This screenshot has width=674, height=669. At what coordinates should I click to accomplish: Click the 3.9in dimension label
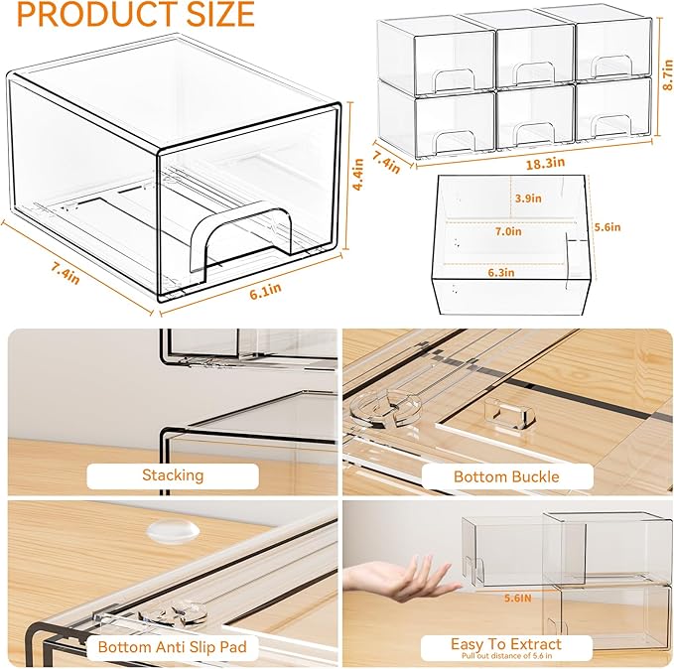[528, 198]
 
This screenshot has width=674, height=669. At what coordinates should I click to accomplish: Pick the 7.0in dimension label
[506, 232]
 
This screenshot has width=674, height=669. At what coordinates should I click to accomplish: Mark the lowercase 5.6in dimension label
[607, 227]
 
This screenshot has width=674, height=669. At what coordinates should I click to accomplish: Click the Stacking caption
[172, 475]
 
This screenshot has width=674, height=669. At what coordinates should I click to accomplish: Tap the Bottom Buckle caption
[505, 476]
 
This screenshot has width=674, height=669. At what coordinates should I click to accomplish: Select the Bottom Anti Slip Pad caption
[172, 647]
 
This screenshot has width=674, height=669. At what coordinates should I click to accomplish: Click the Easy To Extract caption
[505, 644]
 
